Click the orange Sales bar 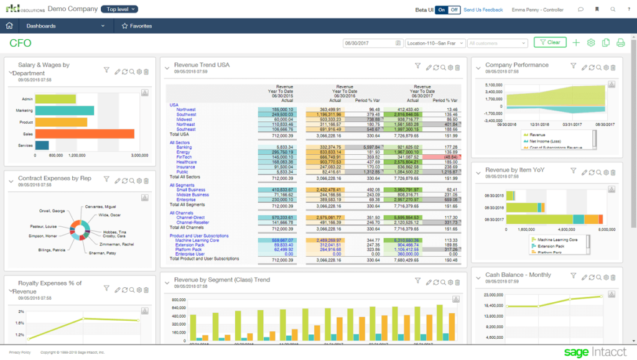tap(85, 134)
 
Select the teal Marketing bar tap(64, 110)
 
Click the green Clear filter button tap(549, 43)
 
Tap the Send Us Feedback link tap(483, 10)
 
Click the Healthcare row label tap(187, 162)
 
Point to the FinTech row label tap(184, 157)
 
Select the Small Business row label tap(192, 190)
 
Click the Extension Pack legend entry tap(550, 246)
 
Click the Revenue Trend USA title tap(202, 65)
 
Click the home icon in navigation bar tap(9, 26)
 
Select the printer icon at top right tap(620, 43)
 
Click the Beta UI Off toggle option tap(454, 10)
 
